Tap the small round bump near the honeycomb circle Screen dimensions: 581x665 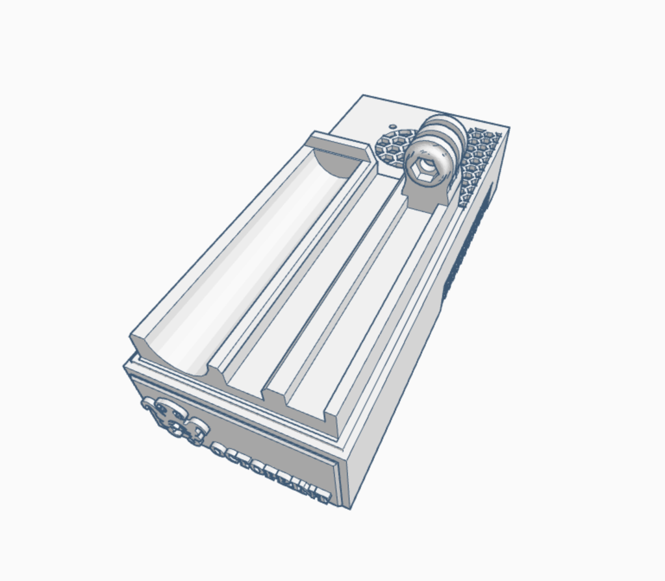(392, 127)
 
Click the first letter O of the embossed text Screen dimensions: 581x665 (219, 449)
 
